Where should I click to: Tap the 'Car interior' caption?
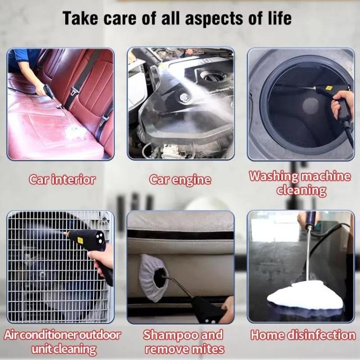[x=62, y=180]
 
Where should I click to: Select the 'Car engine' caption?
[x=180, y=180]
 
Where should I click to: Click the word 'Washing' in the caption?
[x=272, y=176]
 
